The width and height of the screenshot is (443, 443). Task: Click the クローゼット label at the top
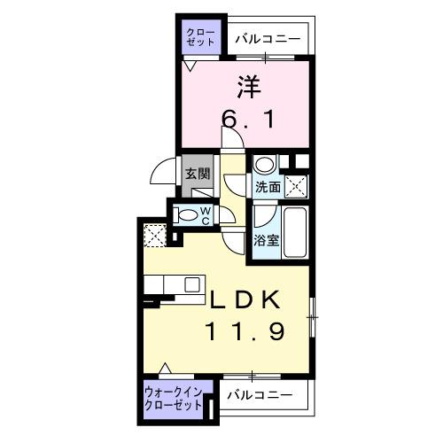198,37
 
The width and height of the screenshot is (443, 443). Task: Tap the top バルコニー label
268,38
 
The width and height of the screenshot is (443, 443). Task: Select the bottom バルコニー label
259,395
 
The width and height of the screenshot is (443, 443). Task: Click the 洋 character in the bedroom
248,87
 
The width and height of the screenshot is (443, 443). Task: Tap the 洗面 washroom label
267,187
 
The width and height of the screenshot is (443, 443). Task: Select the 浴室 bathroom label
265,239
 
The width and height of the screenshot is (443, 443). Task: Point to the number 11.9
247,333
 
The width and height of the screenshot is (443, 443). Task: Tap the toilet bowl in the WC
187,214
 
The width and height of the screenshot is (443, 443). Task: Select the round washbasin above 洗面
264,166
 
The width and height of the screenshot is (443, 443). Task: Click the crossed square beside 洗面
296,186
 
